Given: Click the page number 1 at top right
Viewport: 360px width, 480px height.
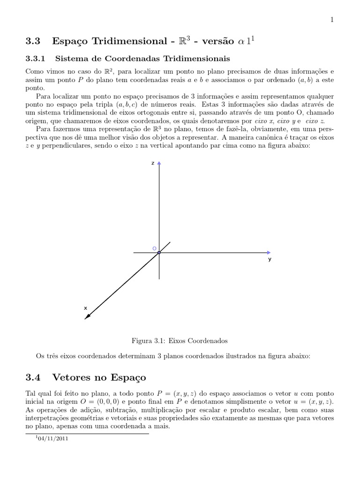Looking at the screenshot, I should click(331, 19).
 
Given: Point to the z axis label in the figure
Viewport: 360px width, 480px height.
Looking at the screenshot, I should click(152, 163).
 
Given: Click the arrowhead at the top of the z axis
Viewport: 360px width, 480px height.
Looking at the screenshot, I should click(159, 164).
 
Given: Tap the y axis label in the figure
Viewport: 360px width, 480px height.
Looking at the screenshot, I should click(270, 259).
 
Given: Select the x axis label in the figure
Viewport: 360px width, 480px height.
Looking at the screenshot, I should click(85, 308).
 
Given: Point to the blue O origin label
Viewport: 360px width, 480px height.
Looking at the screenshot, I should click(154, 248).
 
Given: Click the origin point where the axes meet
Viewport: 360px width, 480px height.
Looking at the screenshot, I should click(159, 253).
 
